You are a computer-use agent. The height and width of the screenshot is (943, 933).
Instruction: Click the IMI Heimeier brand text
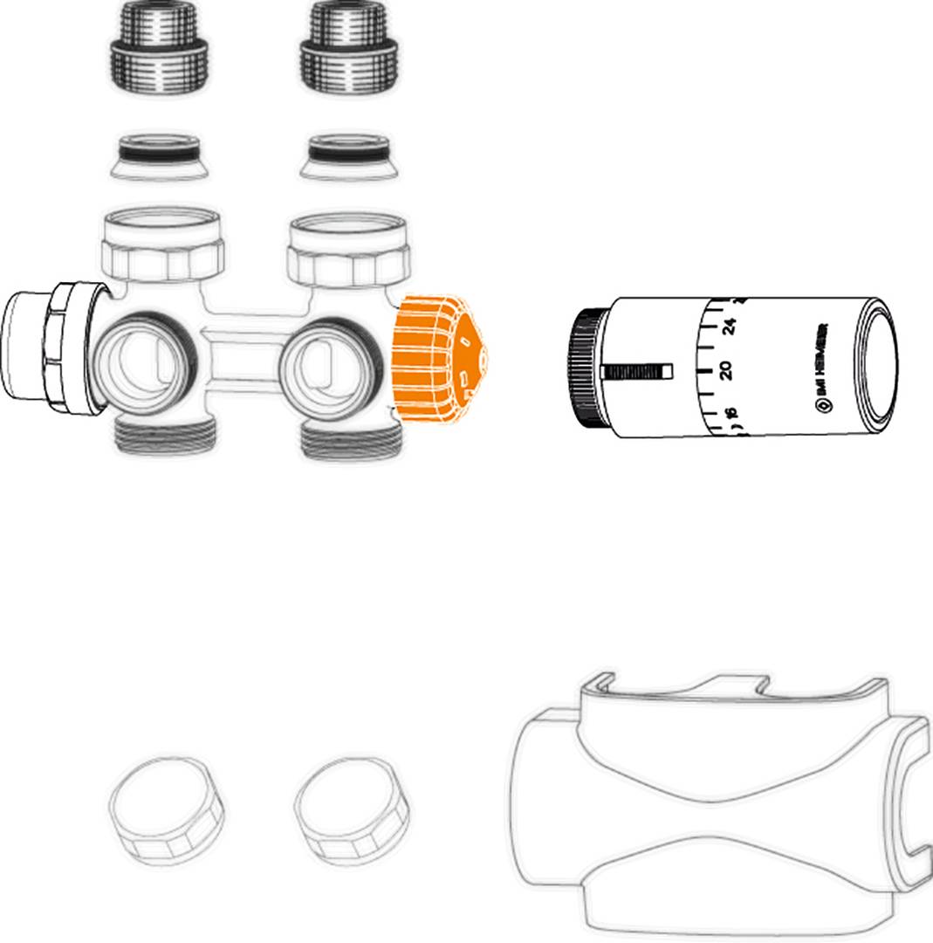coord(821,367)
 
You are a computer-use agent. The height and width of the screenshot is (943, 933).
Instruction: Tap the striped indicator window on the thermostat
coord(638,371)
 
